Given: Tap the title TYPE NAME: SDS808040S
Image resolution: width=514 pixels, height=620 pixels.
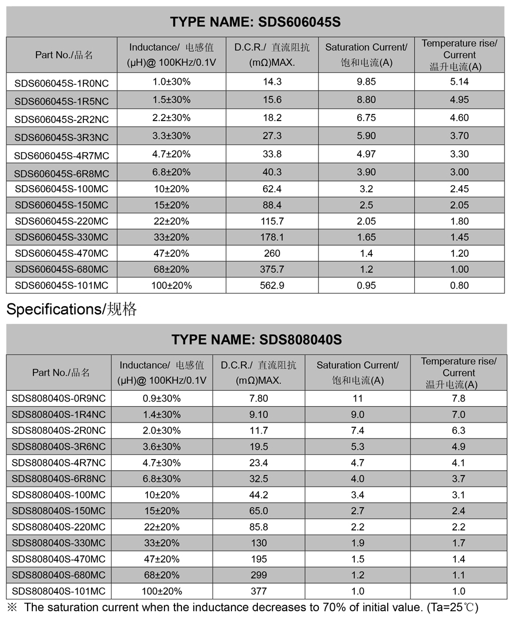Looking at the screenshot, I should (x=256, y=340).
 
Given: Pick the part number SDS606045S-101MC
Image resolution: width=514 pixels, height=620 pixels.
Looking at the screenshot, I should (x=62, y=286).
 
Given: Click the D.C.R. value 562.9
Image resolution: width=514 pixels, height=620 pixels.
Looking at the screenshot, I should (x=272, y=286).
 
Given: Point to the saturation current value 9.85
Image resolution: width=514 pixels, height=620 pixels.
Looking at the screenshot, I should (x=366, y=82).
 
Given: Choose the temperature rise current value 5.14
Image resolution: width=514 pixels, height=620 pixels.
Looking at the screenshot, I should (x=459, y=82).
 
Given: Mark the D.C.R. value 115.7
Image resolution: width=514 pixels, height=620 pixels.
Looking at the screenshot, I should (x=272, y=222).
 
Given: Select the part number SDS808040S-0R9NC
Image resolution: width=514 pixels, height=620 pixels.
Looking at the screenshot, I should (x=59, y=398).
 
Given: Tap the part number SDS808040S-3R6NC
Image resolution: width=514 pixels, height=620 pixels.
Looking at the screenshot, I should (x=59, y=447).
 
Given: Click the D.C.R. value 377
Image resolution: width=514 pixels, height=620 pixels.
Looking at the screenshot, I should (x=258, y=591).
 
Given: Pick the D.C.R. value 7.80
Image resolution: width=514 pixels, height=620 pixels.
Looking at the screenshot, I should (x=258, y=398).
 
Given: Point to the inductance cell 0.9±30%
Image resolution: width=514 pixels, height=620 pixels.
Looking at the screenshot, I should (x=162, y=398).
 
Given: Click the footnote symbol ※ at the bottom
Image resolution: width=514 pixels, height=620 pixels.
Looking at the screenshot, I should (x=12, y=607).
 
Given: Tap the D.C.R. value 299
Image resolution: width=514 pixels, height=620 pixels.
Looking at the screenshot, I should (x=258, y=575).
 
